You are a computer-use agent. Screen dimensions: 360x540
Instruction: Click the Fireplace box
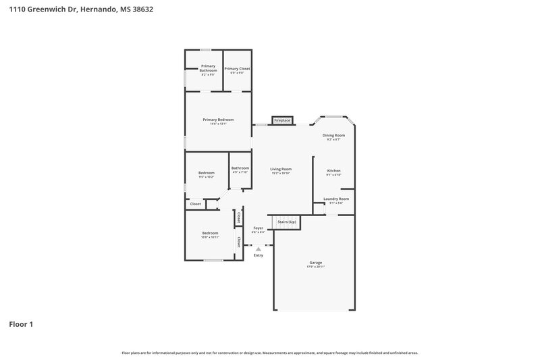(282, 121)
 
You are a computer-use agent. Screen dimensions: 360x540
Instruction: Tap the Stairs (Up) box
(287, 222)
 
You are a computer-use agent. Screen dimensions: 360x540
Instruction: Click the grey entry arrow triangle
(258, 249)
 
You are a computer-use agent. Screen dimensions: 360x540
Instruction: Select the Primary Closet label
(238, 68)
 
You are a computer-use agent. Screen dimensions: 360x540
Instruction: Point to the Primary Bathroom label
(208, 68)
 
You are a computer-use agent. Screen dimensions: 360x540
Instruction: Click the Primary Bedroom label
(218, 120)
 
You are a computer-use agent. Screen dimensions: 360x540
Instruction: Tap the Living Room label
(281, 169)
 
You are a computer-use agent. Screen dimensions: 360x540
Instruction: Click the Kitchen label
(334, 170)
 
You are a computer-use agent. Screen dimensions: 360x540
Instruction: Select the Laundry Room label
(335, 199)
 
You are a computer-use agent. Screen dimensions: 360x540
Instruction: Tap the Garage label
(315, 262)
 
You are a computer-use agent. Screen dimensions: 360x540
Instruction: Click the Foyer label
(258, 228)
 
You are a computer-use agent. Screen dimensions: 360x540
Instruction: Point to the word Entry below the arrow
(259, 255)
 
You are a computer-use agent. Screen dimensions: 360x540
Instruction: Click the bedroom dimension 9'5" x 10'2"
(207, 177)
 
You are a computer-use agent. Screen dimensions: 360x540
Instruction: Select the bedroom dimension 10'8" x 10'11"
(211, 237)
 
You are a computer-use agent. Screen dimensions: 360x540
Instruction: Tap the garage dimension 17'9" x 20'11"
(315, 267)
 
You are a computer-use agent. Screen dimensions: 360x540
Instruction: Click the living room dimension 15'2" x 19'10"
(281, 174)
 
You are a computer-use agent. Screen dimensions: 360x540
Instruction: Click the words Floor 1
(21, 325)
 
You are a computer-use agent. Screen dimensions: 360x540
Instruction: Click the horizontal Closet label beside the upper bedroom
(195, 203)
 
